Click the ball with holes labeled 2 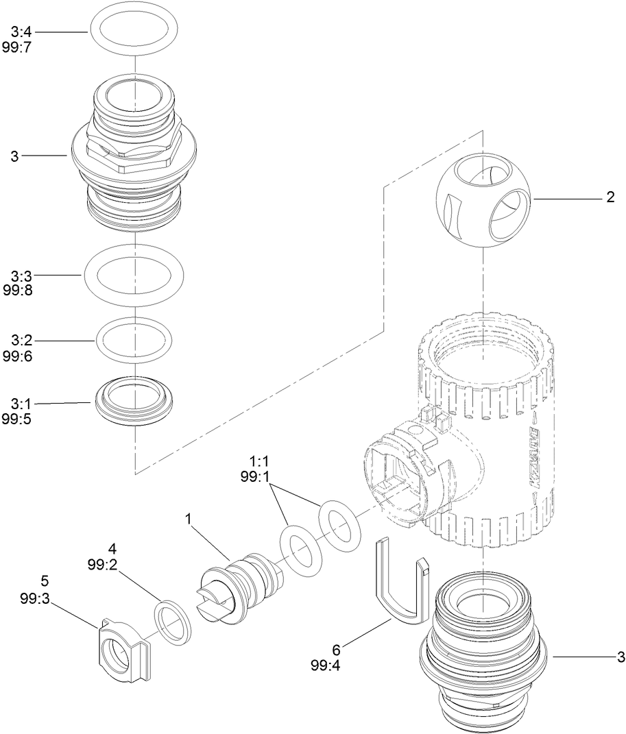click(x=483, y=200)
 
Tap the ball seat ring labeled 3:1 click(x=134, y=402)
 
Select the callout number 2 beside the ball click(x=610, y=198)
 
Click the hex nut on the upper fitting click(x=134, y=152)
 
